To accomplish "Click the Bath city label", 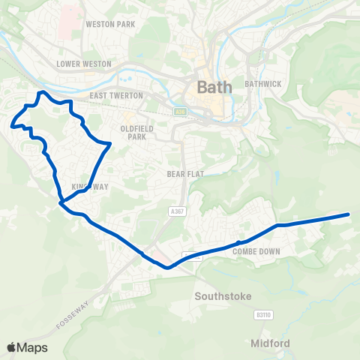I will coord(214,86).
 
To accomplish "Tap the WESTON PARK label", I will coord(110,24).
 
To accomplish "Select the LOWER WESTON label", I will coord(84,64).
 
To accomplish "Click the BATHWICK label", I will coord(262,83).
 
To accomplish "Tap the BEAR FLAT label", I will coord(181,172).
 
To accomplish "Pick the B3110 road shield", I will coord(262,315).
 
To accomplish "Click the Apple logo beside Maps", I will coord(12,347).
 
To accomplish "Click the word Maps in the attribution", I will coord(33,347).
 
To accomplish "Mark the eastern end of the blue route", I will coord(349,214).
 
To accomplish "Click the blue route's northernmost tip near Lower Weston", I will coord(43,92).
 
